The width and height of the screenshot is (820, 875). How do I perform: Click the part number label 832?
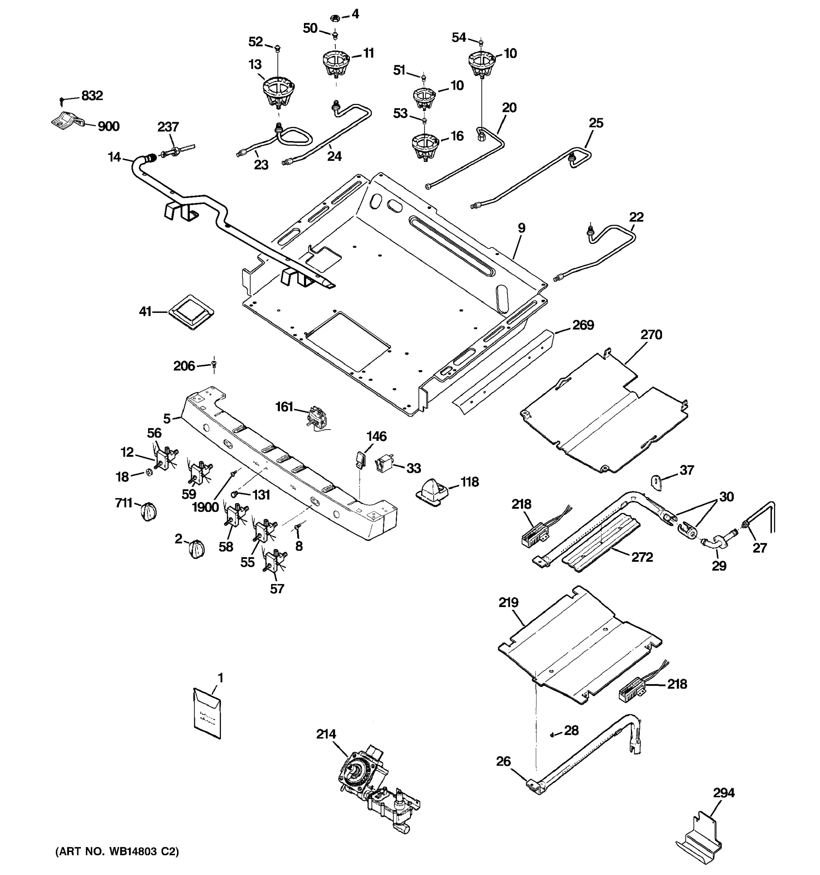click(92, 96)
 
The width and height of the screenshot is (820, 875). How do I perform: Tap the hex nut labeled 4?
click(334, 18)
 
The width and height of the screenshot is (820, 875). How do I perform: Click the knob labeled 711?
click(149, 512)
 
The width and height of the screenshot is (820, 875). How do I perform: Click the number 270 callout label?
click(651, 335)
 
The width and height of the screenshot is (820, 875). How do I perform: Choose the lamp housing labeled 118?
click(433, 491)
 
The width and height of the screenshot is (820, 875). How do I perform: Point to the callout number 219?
click(508, 602)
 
